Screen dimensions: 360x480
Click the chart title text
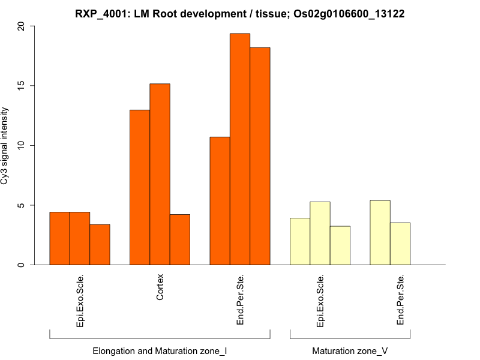click(240, 13)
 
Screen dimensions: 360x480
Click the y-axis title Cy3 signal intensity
click(5, 146)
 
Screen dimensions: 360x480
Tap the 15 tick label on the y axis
click(22, 86)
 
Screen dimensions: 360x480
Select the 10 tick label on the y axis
click(22, 146)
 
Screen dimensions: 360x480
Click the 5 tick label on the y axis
click(22, 205)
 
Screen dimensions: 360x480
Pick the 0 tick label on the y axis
click(22, 265)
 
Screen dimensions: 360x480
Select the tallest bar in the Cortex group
click(160, 174)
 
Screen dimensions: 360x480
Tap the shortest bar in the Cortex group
click(180, 239)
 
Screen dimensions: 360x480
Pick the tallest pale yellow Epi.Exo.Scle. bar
click(320, 233)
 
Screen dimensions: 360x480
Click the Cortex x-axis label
click(160, 287)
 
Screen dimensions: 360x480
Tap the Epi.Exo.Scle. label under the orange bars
click(80, 301)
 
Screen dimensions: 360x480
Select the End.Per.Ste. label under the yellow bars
click(401, 300)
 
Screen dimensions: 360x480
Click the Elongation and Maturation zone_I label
click(160, 350)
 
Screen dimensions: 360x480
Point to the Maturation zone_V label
click(350, 350)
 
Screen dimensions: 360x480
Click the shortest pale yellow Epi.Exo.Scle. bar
click(340, 245)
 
